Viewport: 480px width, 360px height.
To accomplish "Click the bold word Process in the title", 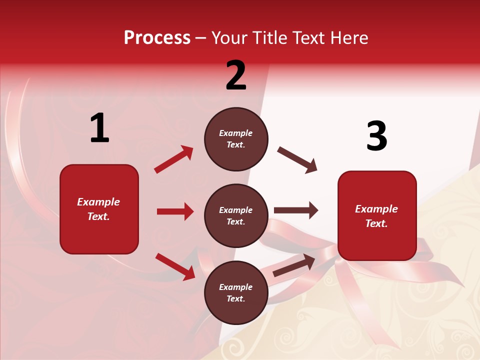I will [x=157, y=38].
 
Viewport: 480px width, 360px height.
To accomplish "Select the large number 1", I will [x=99, y=128].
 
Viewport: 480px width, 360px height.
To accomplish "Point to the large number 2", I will [x=236, y=75].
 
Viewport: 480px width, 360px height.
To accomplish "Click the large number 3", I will [x=376, y=136].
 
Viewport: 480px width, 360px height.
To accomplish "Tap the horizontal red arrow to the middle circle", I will [x=175, y=211].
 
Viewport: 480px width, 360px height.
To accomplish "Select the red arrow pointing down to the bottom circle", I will [x=175, y=266].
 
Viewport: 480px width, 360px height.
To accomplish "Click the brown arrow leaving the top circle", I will [x=297, y=160].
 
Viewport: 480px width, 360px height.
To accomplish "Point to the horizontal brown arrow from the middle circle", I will [x=296, y=210].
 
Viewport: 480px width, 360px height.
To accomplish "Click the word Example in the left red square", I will [x=98, y=202].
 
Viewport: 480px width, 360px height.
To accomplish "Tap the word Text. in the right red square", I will [x=376, y=223].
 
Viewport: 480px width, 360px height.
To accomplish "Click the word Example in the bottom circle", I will [x=236, y=287].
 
